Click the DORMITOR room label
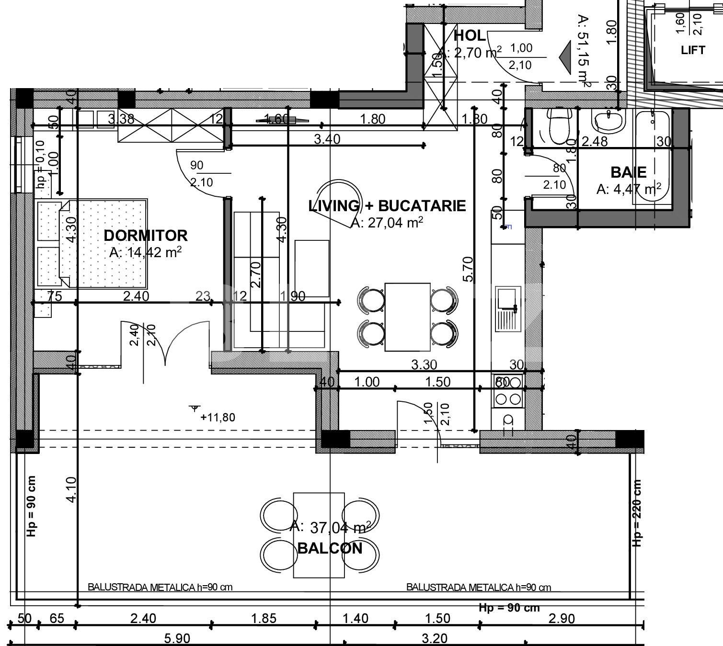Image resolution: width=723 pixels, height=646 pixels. (145, 235)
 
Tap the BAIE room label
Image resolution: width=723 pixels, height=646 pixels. (628, 172)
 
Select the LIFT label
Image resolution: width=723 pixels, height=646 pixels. (692, 50)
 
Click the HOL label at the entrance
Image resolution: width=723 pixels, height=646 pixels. (469, 35)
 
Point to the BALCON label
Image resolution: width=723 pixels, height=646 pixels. (330, 548)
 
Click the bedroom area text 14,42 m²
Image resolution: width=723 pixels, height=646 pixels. (145, 252)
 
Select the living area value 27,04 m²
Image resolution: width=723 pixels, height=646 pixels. (387, 223)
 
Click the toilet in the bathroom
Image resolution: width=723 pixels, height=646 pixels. (557, 126)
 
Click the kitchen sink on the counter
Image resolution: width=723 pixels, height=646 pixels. (507, 309)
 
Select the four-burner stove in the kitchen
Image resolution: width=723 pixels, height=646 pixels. (508, 391)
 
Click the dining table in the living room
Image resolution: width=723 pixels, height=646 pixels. (407, 317)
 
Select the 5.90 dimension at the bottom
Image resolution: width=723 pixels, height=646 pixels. (177, 638)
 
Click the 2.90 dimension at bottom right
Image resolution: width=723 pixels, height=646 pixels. (561, 618)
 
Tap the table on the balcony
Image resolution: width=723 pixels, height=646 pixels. (319, 535)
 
